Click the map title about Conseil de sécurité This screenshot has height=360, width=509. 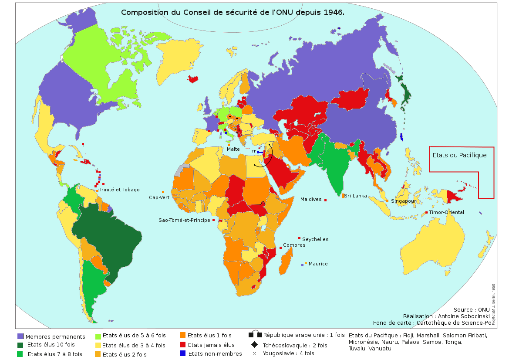point(233,12)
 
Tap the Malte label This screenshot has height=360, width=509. point(233,149)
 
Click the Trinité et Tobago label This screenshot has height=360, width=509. point(119,190)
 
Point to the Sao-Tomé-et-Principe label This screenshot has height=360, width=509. point(184,220)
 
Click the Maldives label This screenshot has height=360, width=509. point(310,200)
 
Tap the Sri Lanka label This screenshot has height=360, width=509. point(355,196)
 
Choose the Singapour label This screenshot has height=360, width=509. point(403,201)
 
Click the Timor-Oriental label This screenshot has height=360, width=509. point(446,212)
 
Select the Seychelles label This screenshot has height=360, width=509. point(315,239)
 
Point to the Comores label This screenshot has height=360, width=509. point(294,245)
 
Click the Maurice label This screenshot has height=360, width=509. point(318,264)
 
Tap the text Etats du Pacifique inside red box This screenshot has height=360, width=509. point(459,155)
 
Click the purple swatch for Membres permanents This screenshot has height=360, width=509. point(20,336)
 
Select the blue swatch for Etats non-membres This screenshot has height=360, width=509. point(183,353)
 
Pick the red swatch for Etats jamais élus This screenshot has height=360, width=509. point(183,344)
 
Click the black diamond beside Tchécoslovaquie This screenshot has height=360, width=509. point(254,345)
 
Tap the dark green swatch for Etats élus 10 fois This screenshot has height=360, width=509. point(20,345)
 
